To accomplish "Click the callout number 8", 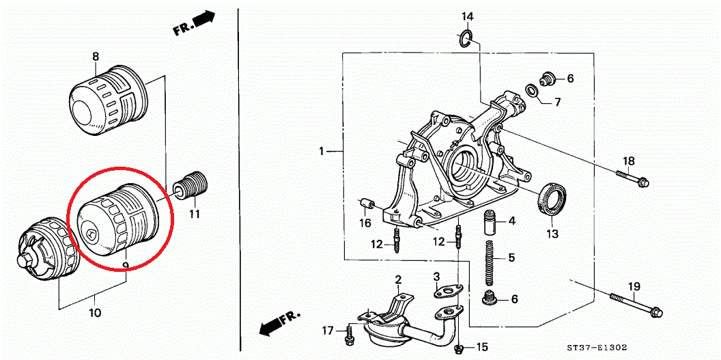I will coord(96,57).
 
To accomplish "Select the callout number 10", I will coord(95,313).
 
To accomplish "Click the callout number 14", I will coord(467,16).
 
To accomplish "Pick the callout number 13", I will coord(552,234).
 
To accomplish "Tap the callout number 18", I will coord(628,161).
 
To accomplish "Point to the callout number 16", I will coord(366,223).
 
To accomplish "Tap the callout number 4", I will coord(511,221).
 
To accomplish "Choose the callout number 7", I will coord(557,102).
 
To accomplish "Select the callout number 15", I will coord(482,347).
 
